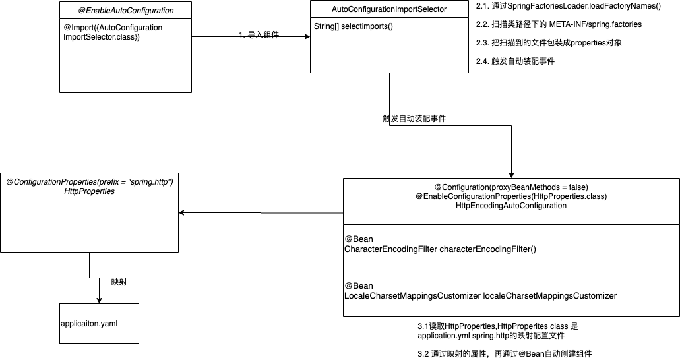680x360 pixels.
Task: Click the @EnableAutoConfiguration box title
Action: [126, 11]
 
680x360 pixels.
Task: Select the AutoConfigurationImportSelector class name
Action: [388, 9]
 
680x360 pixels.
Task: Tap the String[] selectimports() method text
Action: [354, 26]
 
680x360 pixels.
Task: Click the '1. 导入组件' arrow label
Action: [259, 35]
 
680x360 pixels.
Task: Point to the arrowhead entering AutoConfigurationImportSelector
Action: [307, 37]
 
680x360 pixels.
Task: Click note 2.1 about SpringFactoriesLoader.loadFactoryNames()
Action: [568, 7]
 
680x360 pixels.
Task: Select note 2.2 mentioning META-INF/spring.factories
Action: [559, 24]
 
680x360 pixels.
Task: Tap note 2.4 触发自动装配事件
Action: [515, 61]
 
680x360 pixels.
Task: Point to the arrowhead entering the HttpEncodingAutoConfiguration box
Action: [512, 173]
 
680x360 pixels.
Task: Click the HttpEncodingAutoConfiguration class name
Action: [511, 206]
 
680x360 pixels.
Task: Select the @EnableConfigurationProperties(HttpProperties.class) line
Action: [511, 196]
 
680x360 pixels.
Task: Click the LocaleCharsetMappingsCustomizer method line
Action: [480, 295]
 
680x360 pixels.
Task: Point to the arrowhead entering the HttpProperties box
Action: [183, 213]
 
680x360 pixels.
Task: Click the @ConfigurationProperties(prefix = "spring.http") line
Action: [89, 181]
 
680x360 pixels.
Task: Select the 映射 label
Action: [119, 282]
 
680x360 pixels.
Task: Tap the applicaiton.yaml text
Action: [88, 324]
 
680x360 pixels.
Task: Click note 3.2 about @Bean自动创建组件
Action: [505, 354]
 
